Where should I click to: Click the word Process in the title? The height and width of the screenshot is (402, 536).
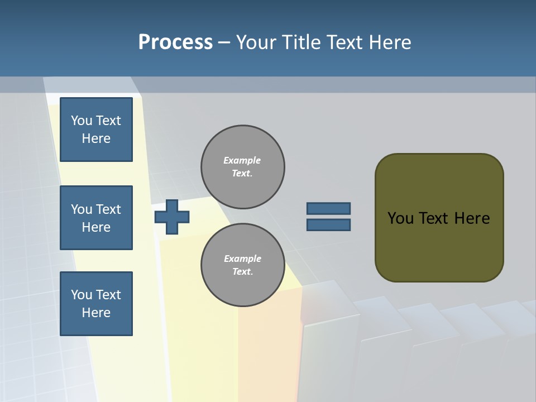coord(175,42)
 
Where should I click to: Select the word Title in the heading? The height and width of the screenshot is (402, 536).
coord(301,42)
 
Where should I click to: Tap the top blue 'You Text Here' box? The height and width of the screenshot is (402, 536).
coord(96,130)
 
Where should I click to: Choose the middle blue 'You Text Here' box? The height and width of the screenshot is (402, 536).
coord(96,218)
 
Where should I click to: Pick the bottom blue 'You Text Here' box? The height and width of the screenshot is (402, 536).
coord(96,304)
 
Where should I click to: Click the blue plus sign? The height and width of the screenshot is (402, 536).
coord(172,217)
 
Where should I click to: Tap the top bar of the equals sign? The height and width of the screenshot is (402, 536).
coord(328,209)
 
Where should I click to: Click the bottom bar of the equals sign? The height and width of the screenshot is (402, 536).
coord(328,224)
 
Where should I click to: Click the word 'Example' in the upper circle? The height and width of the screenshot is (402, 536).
coord(242,160)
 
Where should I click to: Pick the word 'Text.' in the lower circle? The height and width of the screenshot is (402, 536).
coord(242,272)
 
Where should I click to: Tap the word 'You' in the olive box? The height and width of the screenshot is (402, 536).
coord(400,218)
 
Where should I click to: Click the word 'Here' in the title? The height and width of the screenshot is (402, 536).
coord(391,42)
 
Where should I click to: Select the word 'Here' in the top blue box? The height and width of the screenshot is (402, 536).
coord(96,138)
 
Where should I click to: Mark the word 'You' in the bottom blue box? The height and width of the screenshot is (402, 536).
coord(82,295)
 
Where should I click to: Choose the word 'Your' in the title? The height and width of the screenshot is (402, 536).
coord(256,42)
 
